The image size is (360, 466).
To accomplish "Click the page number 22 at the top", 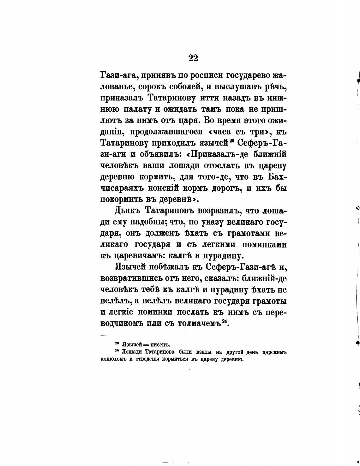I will pyautogui.click(x=193, y=58).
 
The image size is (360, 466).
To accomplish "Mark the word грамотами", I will pyautogui.click(x=249, y=233).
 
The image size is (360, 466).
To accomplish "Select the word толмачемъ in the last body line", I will pyautogui.click(x=199, y=324).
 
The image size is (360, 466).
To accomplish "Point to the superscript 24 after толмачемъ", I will pyautogui.click(x=224, y=321).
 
